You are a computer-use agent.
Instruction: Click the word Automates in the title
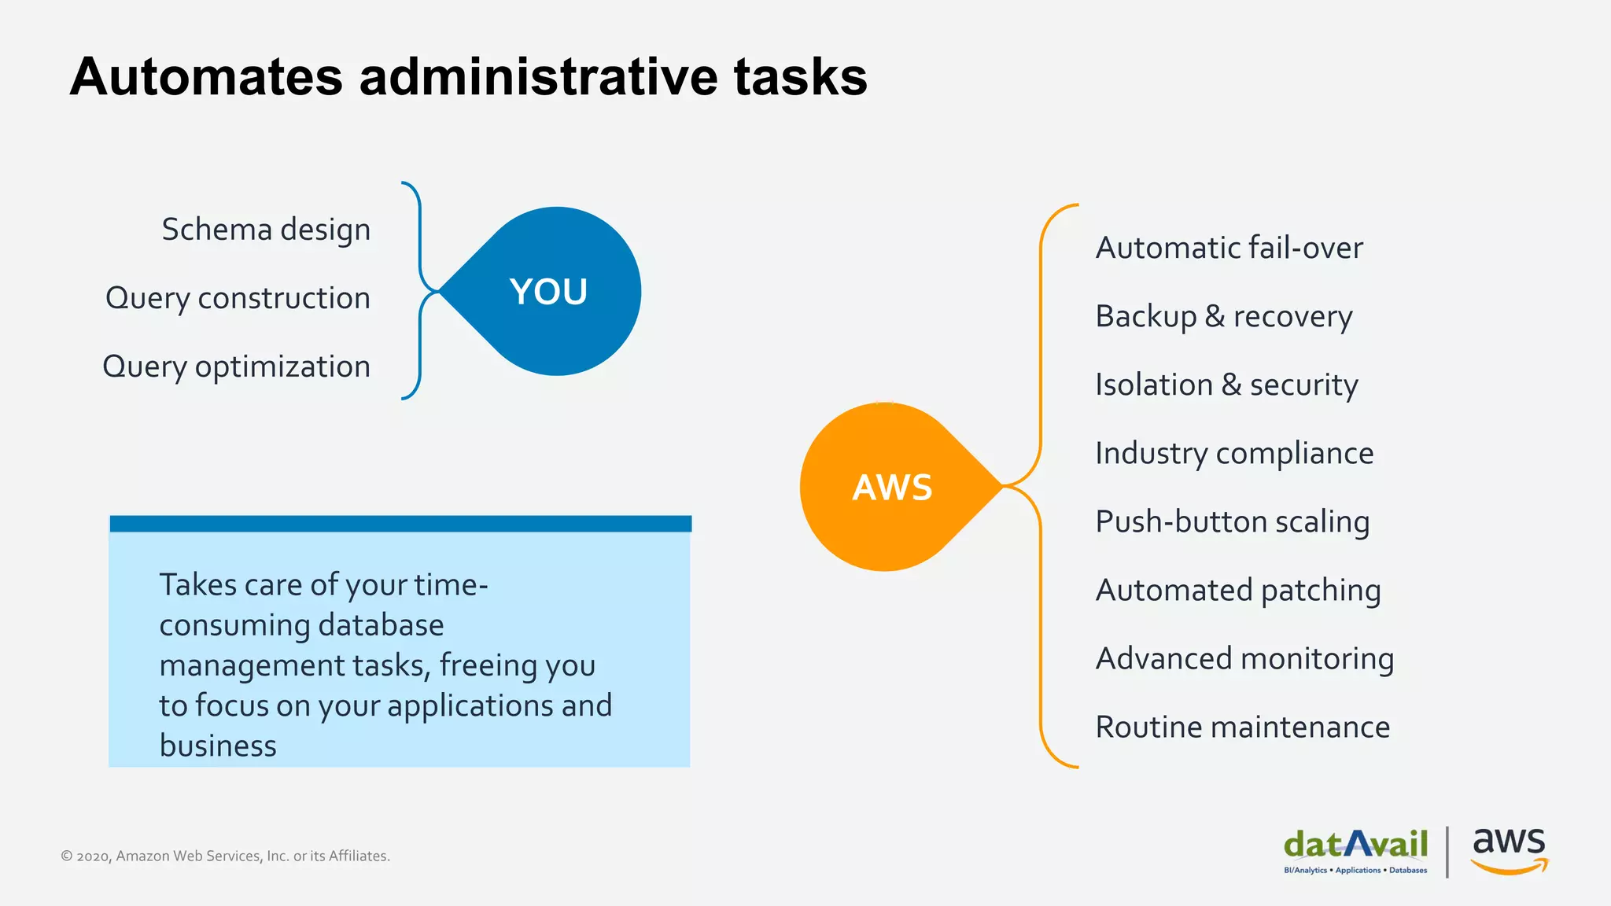(206, 77)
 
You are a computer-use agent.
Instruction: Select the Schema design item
(266, 230)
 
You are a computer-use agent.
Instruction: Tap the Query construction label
(238, 298)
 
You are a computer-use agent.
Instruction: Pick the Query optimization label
(236, 366)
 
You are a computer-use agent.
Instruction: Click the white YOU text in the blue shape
(548, 292)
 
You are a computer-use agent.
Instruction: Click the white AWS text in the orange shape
(892, 488)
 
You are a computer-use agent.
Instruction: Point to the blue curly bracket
(420, 236)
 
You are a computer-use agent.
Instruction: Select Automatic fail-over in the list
(1229, 248)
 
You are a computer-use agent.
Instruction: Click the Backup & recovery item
(1224, 316)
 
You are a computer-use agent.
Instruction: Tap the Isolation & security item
(1226, 385)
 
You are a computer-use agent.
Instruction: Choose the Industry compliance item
(1234, 453)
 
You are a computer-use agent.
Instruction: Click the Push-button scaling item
(1232, 521)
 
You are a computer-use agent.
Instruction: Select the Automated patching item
(1237, 590)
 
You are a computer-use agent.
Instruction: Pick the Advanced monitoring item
(1244, 658)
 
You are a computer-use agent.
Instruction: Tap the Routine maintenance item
(1242, 727)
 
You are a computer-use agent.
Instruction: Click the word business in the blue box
(218, 746)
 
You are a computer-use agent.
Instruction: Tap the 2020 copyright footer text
(225, 856)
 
